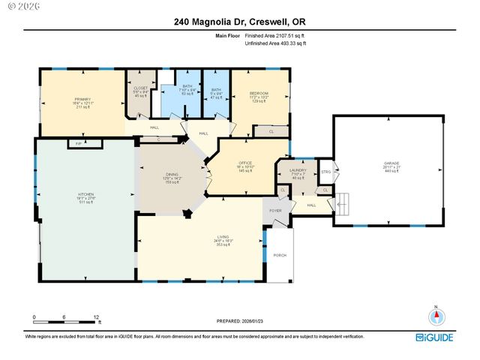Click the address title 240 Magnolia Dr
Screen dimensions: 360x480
[x=239, y=24]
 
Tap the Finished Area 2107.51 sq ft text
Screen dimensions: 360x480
[x=275, y=35]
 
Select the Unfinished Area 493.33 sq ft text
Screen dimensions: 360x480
[x=276, y=43]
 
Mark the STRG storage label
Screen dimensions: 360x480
[x=325, y=172]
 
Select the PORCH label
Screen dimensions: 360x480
[x=279, y=256]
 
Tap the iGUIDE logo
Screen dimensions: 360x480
[x=434, y=337]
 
